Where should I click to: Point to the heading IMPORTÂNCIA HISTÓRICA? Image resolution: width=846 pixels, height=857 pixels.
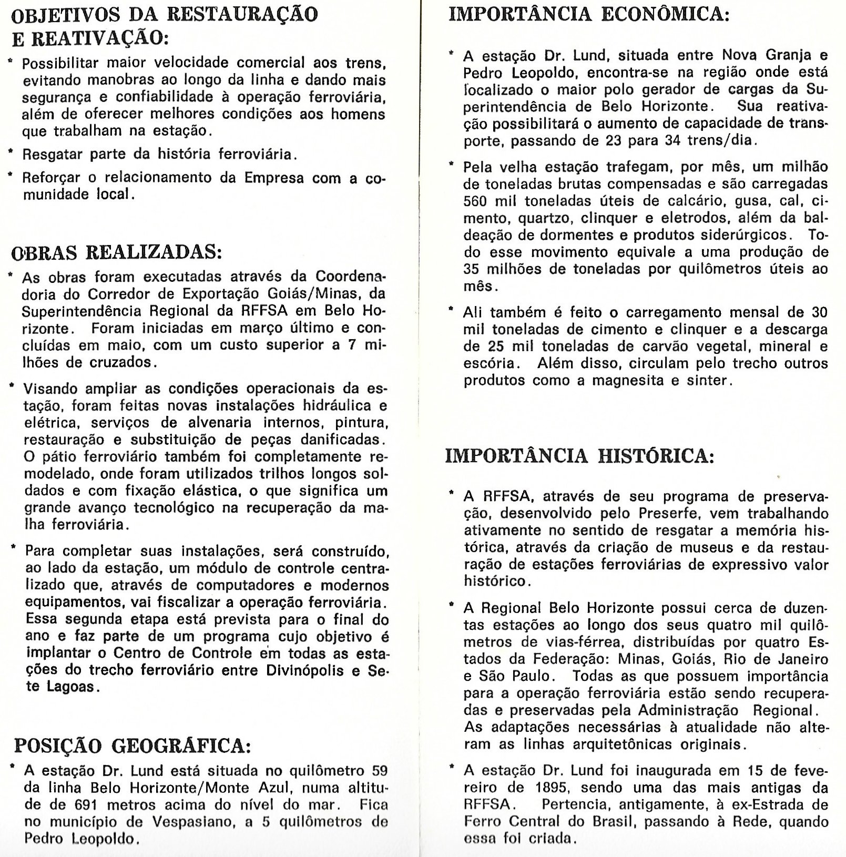point(580,455)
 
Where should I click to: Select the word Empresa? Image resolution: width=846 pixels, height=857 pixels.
point(274,178)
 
